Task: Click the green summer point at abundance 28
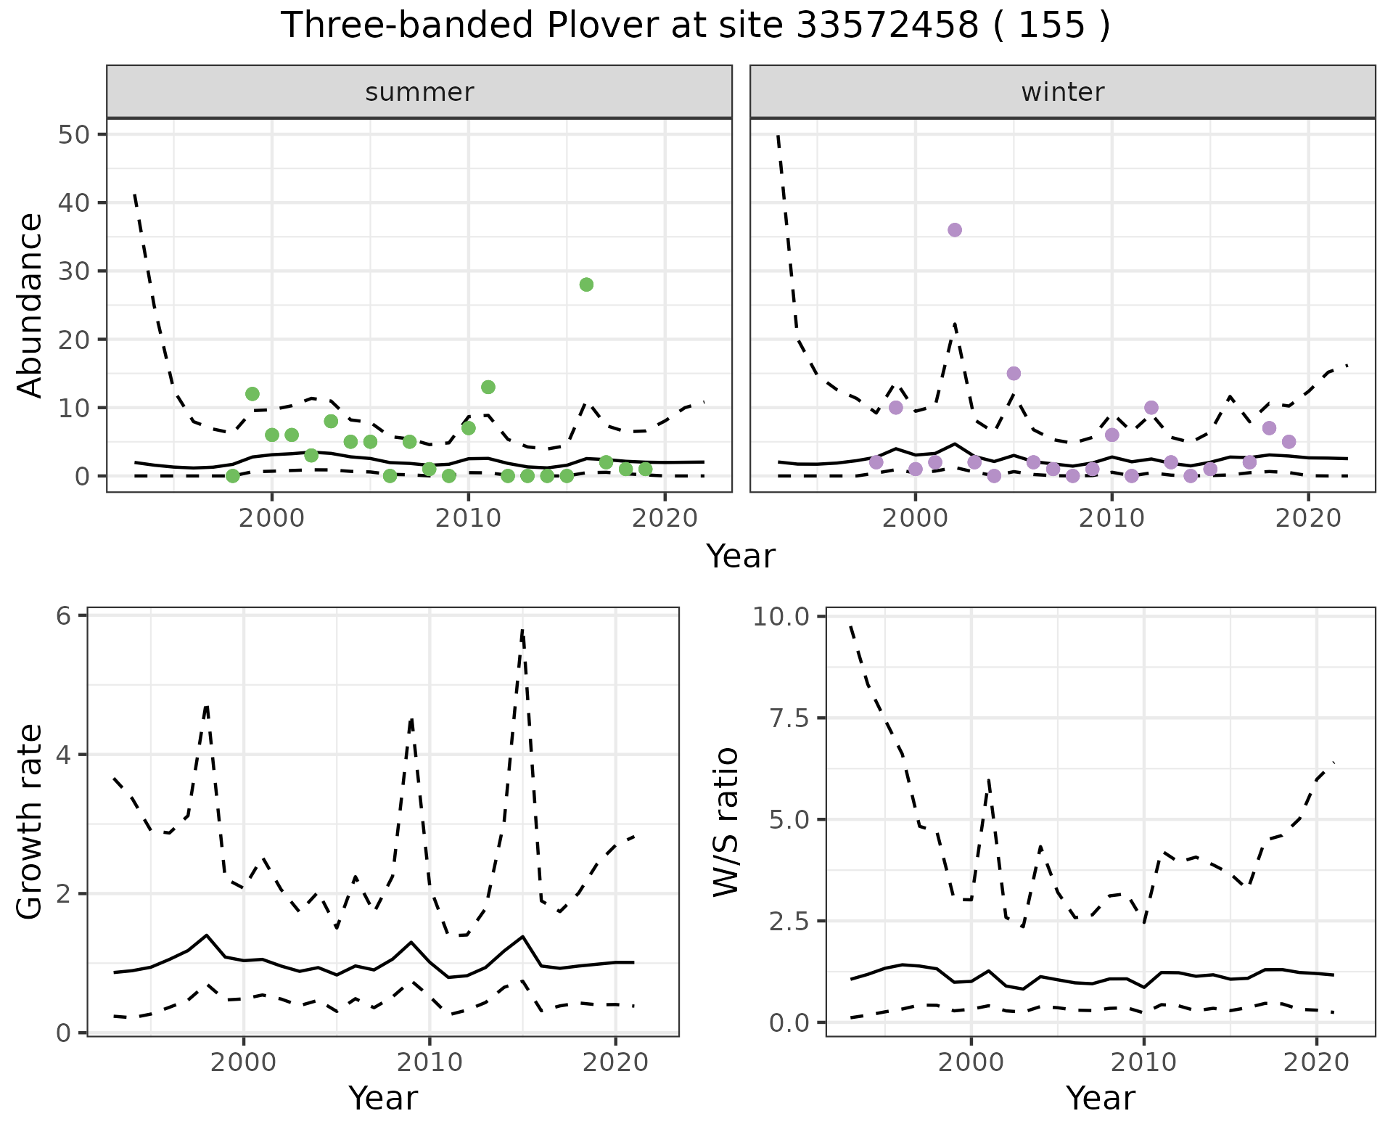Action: [x=586, y=284]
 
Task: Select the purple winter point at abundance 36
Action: [x=955, y=230]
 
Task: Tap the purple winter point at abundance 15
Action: [x=1014, y=374]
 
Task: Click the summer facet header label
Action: [x=419, y=92]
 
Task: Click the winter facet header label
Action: [x=1062, y=92]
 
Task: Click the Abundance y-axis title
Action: [x=30, y=305]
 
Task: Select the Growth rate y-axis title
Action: [x=30, y=822]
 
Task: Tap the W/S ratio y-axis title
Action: [x=726, y=822]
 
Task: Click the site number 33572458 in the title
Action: [x=887, y=26]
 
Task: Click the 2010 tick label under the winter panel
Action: [x=1111, y=519]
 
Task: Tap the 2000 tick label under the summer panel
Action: [x=272, y=519]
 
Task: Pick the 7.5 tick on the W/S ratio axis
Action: [x=790, y=718]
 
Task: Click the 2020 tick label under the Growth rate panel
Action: [x=615, y=1063]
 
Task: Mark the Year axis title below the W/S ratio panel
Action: [x=1100, y=1099]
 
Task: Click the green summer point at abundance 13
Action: [x=488, y=387]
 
